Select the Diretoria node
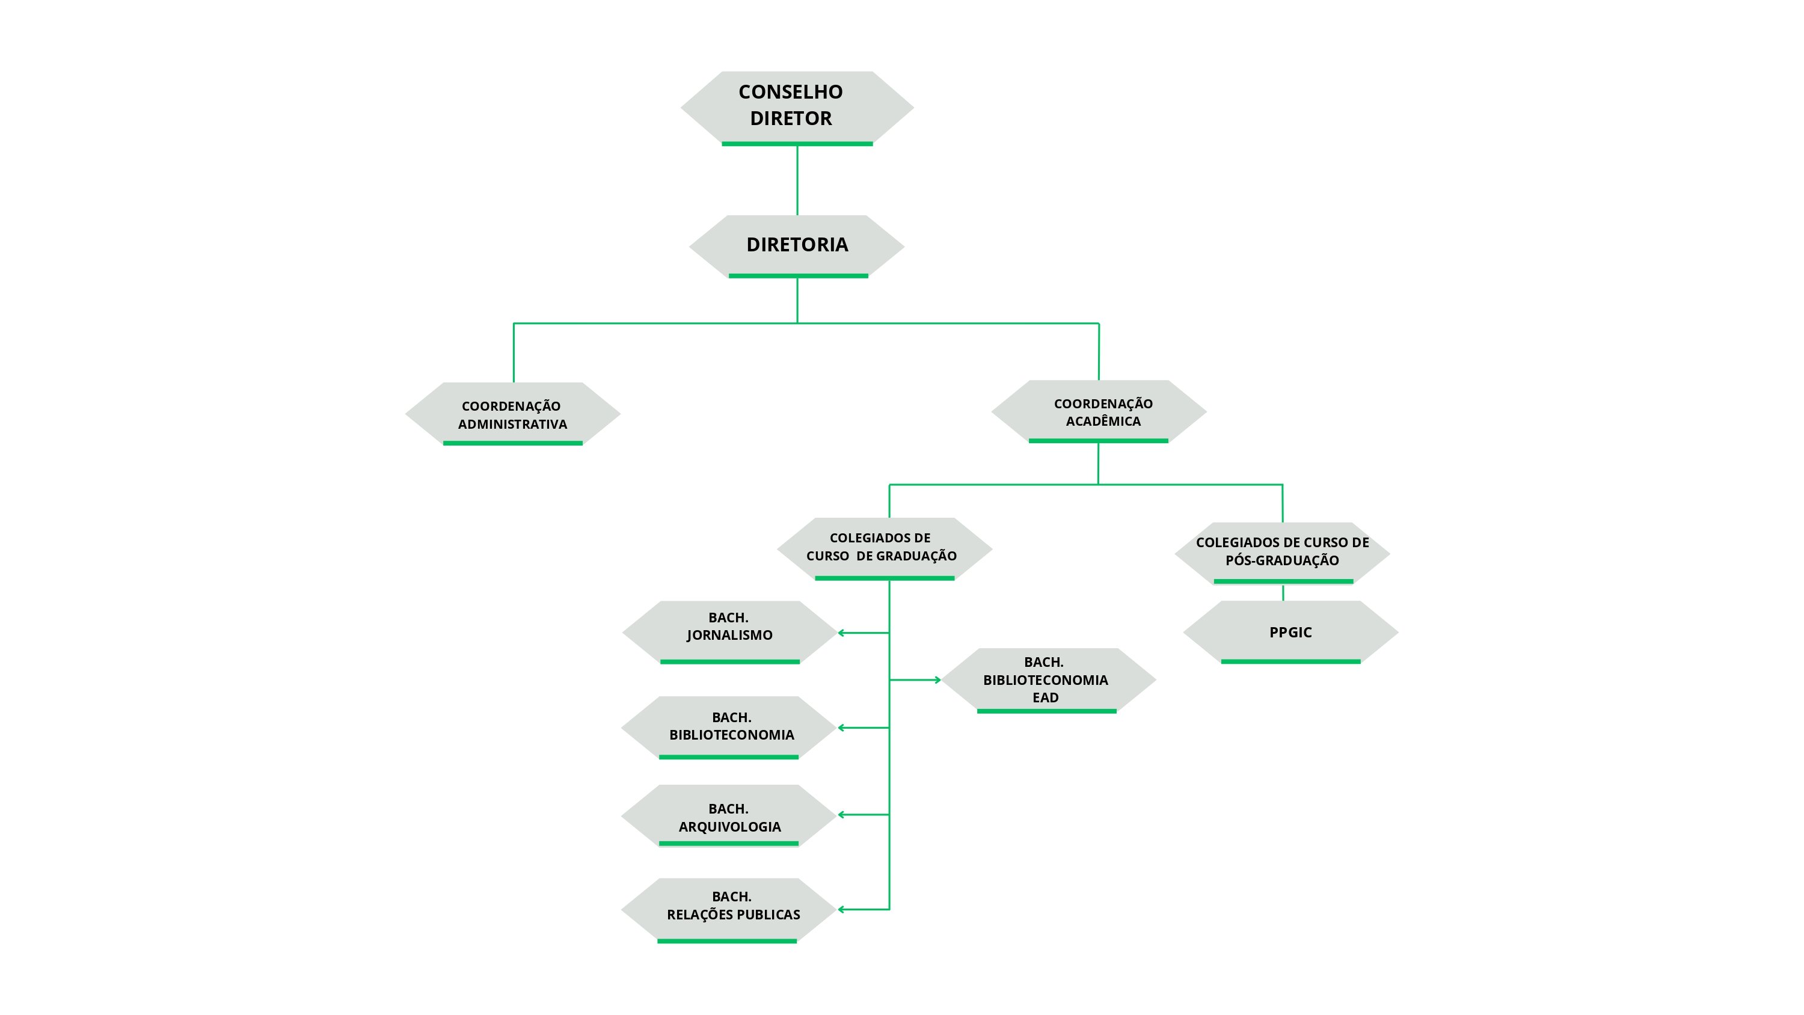(797, 247)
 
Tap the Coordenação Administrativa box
(512, 414)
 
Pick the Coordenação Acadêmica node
(1099, 412)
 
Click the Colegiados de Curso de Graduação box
(885, 549)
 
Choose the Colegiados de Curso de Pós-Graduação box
(1282, 553)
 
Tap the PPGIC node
(1290, 632)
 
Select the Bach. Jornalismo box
(730, 632)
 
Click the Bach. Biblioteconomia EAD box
(1048, 680)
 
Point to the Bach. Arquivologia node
(729, 815)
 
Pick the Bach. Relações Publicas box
(728, 910)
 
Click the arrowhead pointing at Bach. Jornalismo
(841, 633)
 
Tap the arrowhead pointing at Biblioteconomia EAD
(937, 679)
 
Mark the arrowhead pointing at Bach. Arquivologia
(841, 815)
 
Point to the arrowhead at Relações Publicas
(841, 909)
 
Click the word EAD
(1046, 698)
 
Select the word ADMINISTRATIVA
(512, 424)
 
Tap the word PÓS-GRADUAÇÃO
(1282, 560)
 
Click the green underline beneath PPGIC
(1290, 661)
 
